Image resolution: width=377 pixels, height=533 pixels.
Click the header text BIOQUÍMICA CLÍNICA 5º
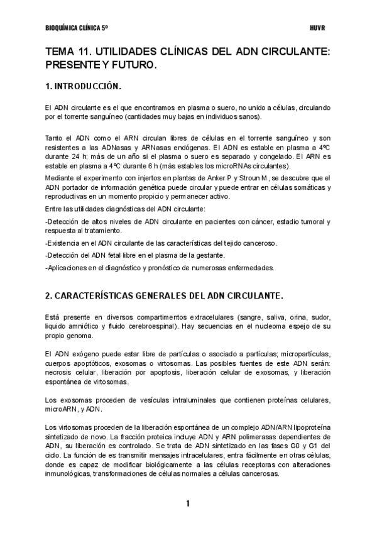77,28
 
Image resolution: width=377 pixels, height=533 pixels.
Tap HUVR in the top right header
317,28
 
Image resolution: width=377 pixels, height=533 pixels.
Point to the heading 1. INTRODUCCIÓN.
83,85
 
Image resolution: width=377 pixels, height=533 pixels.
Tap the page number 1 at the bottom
187,503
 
